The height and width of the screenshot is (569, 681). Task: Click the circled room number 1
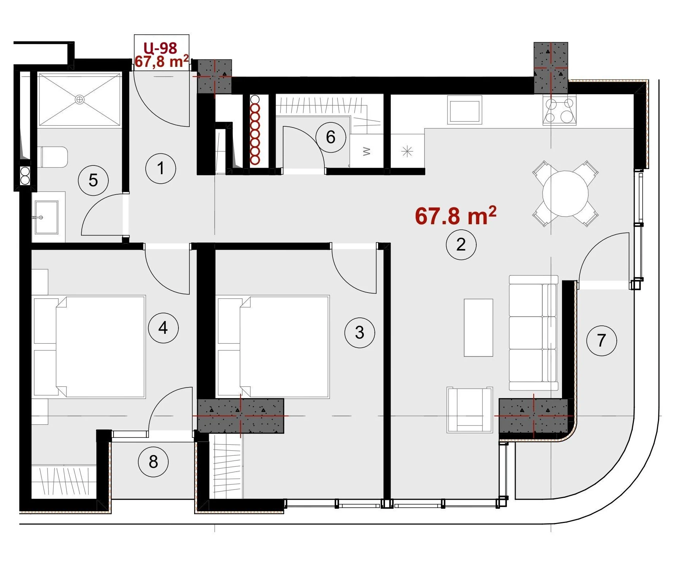[161, 168]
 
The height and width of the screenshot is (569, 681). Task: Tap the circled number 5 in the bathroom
[93, 180]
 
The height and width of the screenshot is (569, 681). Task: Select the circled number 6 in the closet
[331, 137]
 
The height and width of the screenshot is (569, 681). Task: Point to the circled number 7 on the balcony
[601, 340]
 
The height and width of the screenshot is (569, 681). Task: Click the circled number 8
[153, 462]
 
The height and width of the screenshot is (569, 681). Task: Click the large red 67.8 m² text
[456, 216]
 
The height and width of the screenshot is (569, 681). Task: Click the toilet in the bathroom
[53, 157]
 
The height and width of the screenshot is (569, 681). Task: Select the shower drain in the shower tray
[80, 99]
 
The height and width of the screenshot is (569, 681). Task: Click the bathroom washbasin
[46, 217]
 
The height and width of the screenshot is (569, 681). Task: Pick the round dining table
[565, 194]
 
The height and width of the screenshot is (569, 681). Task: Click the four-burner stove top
[559, 110]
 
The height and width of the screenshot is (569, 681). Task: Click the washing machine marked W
[367, 151]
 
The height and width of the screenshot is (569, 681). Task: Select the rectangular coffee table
[478, 328]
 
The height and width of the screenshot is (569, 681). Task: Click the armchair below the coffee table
[470, 410]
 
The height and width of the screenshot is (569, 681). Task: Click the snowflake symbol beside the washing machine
[407, 151]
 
